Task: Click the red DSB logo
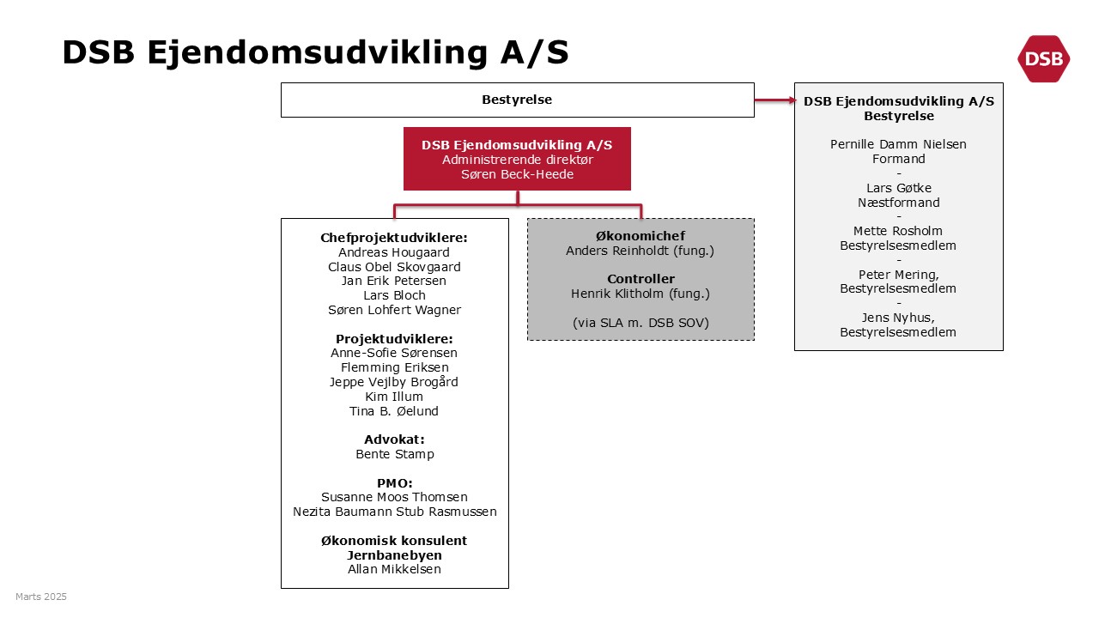pos(1043,59)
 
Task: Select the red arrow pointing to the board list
pos(775,100)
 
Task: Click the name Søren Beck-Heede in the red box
pos(517,174)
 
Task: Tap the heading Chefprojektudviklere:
pos(394,238)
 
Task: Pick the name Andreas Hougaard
pos(394,252)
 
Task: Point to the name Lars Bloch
pos(394,295)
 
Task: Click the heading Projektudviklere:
pos(394,339)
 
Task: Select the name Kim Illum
pos(394,397)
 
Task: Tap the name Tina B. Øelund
pos(394,411)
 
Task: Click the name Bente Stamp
pos(395,454)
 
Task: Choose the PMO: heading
pos(394,483)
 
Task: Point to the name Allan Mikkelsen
pos(394,569)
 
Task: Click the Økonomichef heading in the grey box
pos(641,236)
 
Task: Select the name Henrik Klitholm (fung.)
pos(641,294)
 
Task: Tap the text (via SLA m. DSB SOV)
pos(641,323)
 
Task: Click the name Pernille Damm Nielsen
pos(898,144)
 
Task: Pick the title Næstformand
pos(899,203)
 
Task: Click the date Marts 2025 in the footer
pos(41,597)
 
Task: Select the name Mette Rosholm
pos(898,231)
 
